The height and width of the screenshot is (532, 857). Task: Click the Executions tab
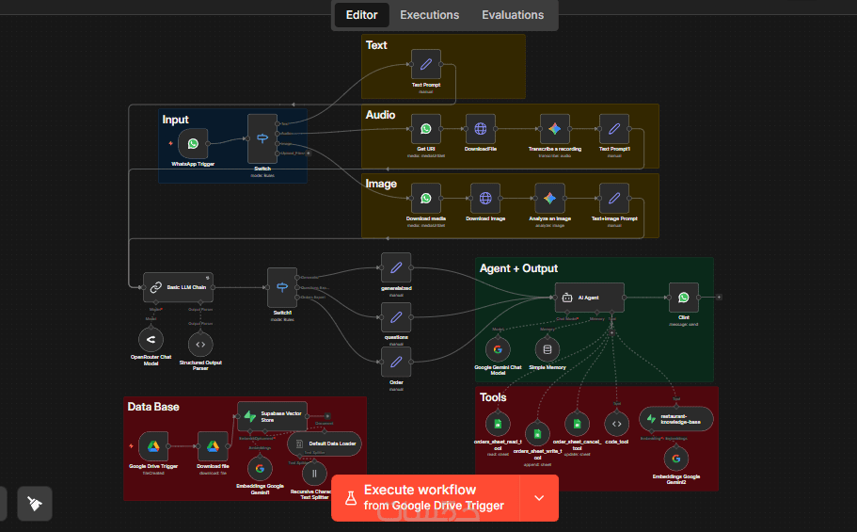[x=429, y=15]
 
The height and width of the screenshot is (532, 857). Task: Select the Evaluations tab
[x=513, y=15]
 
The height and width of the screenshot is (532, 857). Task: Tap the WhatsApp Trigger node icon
[x=193, y=144]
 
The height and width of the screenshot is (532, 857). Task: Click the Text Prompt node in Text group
[x=425, y=65]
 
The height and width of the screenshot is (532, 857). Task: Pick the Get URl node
[x=425, y=129]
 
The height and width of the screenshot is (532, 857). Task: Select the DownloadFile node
[x=480, y=129]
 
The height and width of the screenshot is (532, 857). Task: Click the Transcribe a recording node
[x=555, y=129]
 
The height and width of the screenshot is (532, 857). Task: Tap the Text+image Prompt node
[x=613, y=199]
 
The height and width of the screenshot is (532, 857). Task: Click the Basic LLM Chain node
[x=178, y=286]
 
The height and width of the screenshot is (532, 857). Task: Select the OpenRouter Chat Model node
[x=151, y=339]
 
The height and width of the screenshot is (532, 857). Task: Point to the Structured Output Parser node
[x=201, y=344]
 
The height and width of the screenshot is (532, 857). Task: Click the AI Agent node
[x=589, y=298]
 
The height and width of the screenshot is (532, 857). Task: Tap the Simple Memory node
[x=548, y=349]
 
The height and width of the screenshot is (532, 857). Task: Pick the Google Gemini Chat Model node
[x=498, y=349]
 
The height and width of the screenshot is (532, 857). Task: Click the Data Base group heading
[x=153, y=407]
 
